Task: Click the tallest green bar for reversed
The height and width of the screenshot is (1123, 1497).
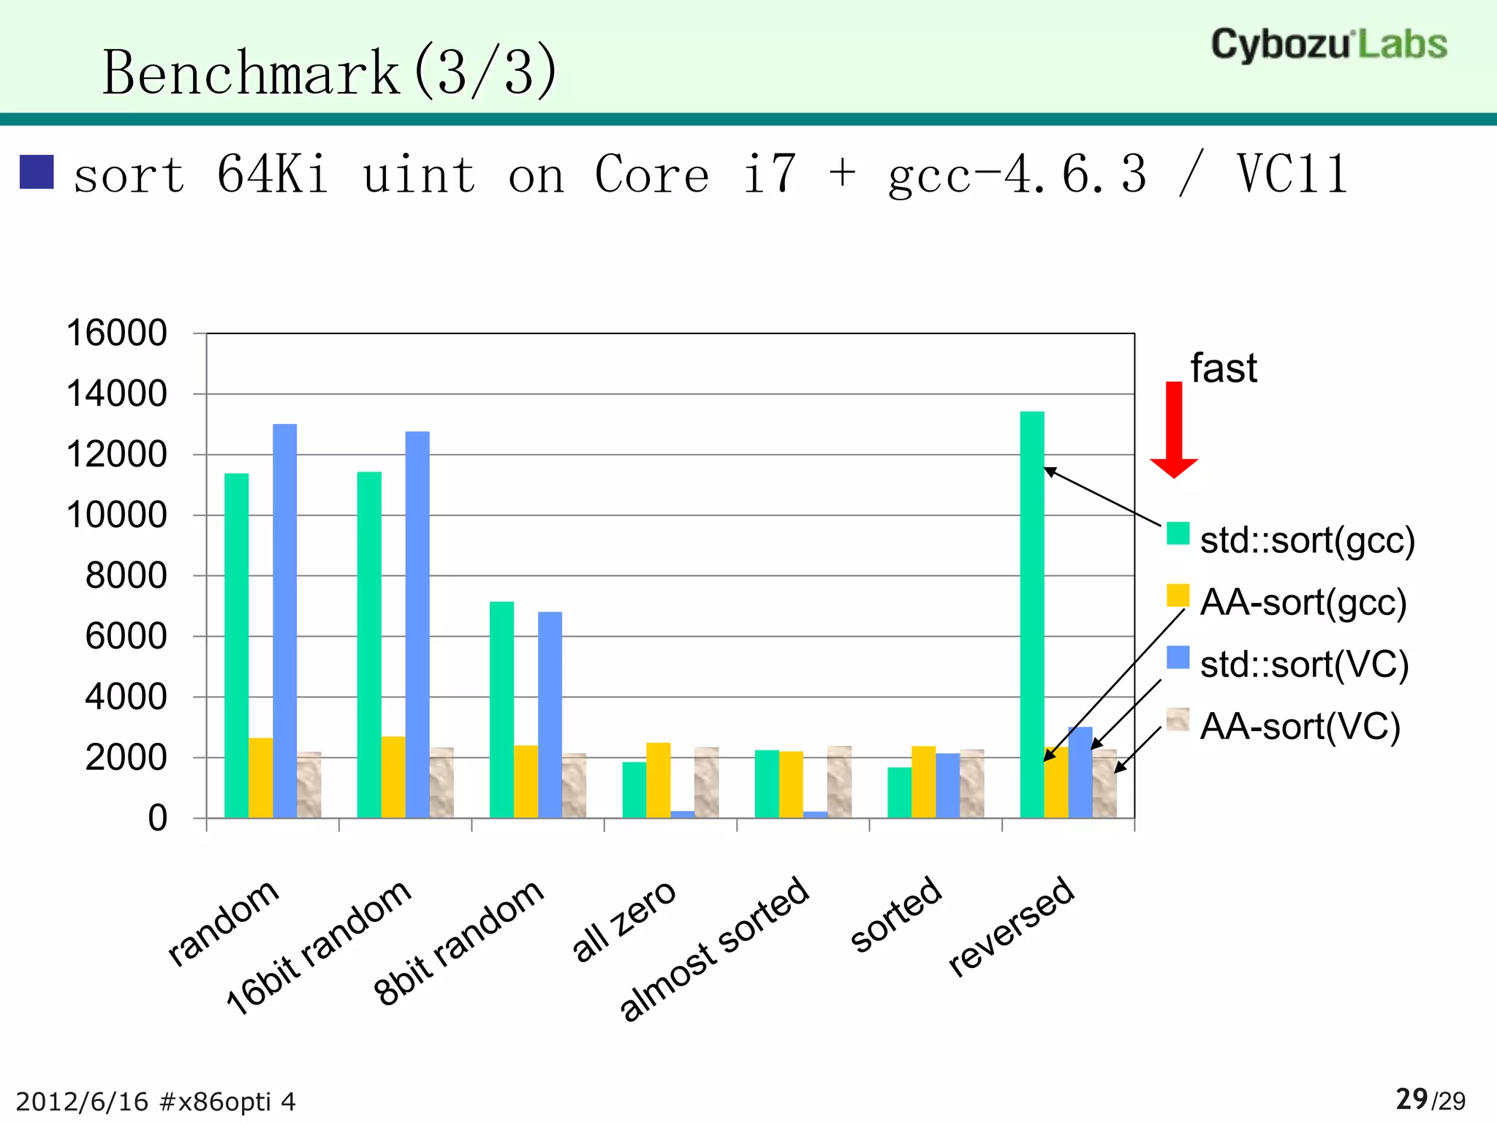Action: click(x=1032, y=614)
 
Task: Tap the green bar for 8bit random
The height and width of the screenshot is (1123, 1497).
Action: click(x=502, y=709)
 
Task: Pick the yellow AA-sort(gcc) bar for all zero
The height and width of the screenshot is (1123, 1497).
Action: click(x=659, y=780)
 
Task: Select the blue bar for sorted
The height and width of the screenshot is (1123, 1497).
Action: click(x=947, y=785)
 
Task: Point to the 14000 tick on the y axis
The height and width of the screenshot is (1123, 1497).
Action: click(x=117, y=394)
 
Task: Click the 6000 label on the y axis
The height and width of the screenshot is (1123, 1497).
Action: click(x=126, y=637)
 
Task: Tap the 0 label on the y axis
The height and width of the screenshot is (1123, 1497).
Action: click(x=157, y=818)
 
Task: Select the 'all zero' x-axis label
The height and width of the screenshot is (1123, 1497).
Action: click(x=624, y=920)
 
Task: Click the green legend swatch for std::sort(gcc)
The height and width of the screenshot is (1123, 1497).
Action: click(x=1178, y=533)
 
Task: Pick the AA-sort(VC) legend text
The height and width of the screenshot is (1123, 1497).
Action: click(x=1300, y=727)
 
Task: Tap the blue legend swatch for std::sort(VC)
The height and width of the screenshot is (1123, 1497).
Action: click(x=1178, y=657)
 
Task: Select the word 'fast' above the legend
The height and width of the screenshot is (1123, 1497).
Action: click(x=1223, y=368)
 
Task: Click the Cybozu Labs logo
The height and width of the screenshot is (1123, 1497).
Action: click(x=1329, y=45)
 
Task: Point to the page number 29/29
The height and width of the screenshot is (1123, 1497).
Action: click(x=1430, y=1100)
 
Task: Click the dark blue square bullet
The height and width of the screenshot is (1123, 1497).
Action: click(x=37, y=173)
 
